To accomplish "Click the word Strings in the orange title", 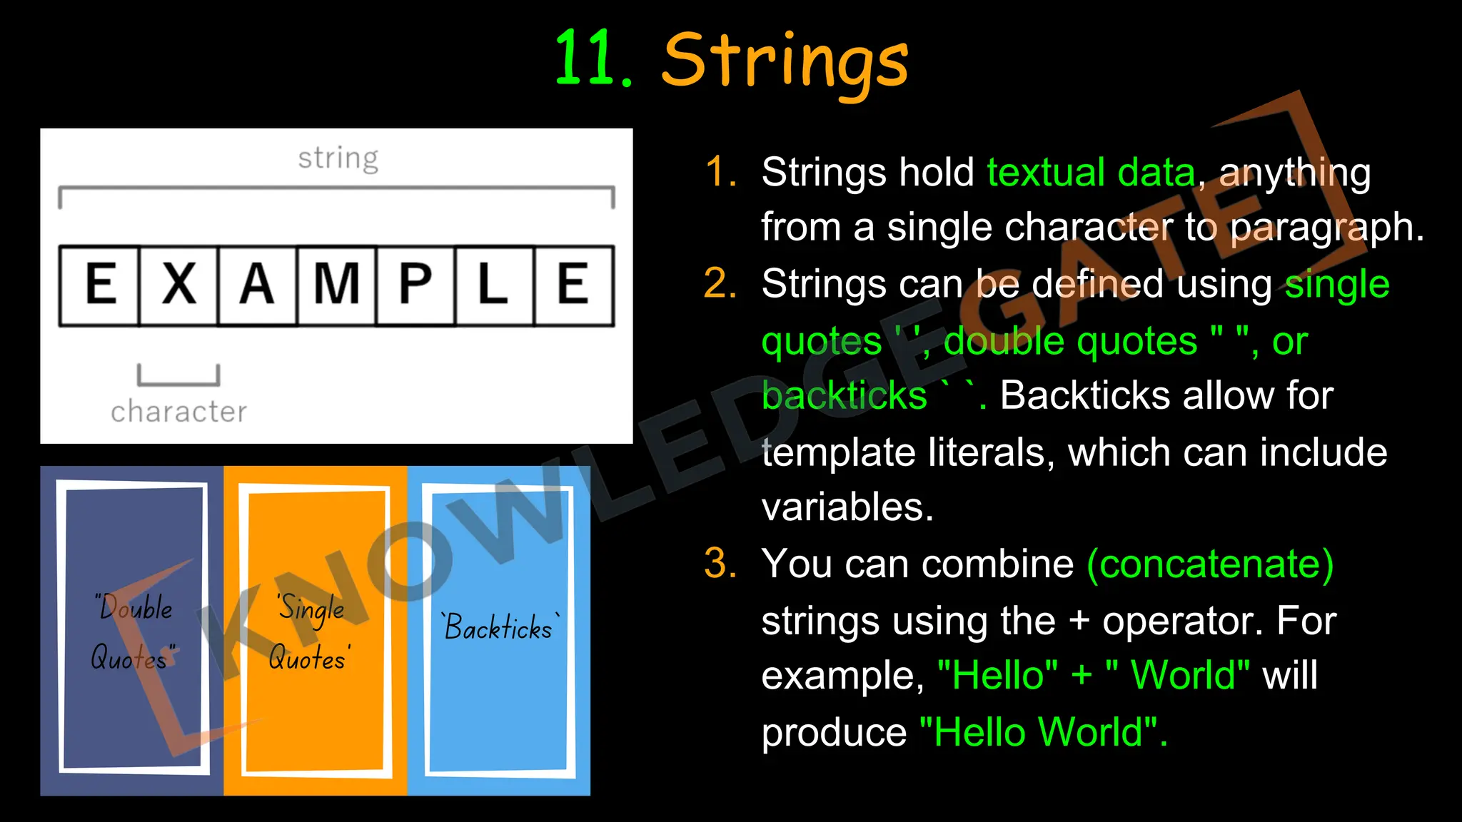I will (785, 61).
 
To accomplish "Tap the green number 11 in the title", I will (585, 61).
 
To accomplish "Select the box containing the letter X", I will (178, 285).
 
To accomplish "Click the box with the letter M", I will (337, 285).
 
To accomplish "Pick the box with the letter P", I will (415, 285).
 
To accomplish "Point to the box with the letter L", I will (494, 285).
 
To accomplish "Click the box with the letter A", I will (258, 285).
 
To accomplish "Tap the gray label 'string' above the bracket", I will (338, 158).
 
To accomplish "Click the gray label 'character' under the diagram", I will (178, 412).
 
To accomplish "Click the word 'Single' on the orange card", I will (311, 609).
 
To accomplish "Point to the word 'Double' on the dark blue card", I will (135, 608).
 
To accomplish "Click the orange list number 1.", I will (721, 173).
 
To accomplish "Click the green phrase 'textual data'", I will (1091, 173).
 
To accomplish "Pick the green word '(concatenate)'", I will (1210, 564).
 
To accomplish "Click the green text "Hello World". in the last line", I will (1042, 732).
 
